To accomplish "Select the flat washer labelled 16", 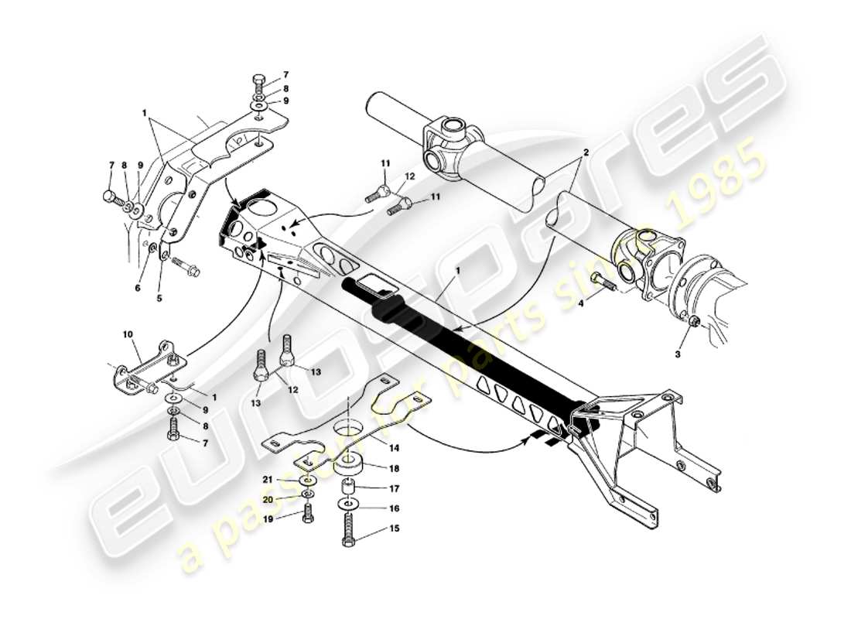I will click(x=347, y=504).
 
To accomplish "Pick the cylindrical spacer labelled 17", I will click(x=347, y=488).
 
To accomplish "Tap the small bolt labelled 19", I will click(x=308, y=511).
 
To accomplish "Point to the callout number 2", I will click(x=586, y=152).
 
